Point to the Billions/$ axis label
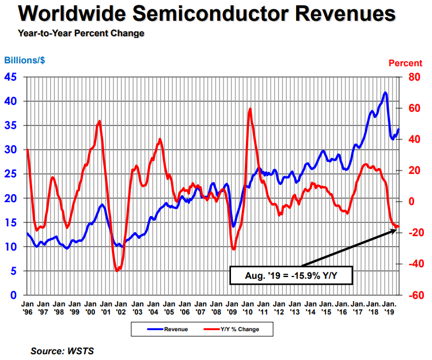(25, 60)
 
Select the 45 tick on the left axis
(12, 77)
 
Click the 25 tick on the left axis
(12, 174)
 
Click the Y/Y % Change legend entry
(236, 329)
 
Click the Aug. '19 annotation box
(291, 275)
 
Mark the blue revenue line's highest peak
(385, 92)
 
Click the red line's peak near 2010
(250, 108)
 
